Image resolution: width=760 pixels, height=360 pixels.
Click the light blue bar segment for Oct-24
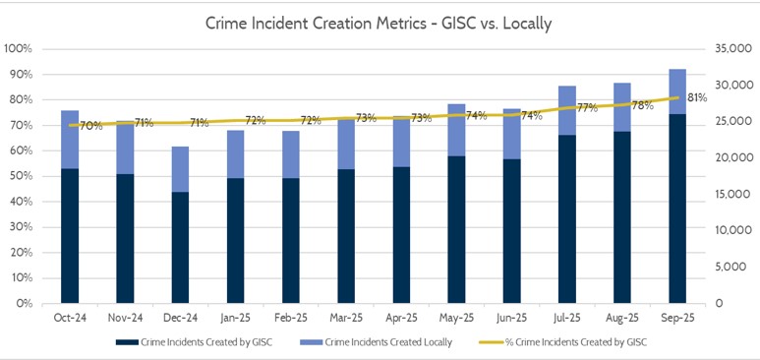(x=70, y=139)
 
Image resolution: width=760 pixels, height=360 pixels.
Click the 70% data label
(x=90, y=126)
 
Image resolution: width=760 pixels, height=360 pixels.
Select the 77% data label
(x=587, y=108)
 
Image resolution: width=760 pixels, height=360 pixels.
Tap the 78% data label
(x=642, y=105)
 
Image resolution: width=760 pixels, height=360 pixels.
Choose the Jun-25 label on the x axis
(x=511, y=319)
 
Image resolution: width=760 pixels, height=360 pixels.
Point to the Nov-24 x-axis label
(x=125, y=319)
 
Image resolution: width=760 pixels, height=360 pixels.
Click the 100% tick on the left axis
(x=19, y=48)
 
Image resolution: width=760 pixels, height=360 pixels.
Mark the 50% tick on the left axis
(x=22, y=176)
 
